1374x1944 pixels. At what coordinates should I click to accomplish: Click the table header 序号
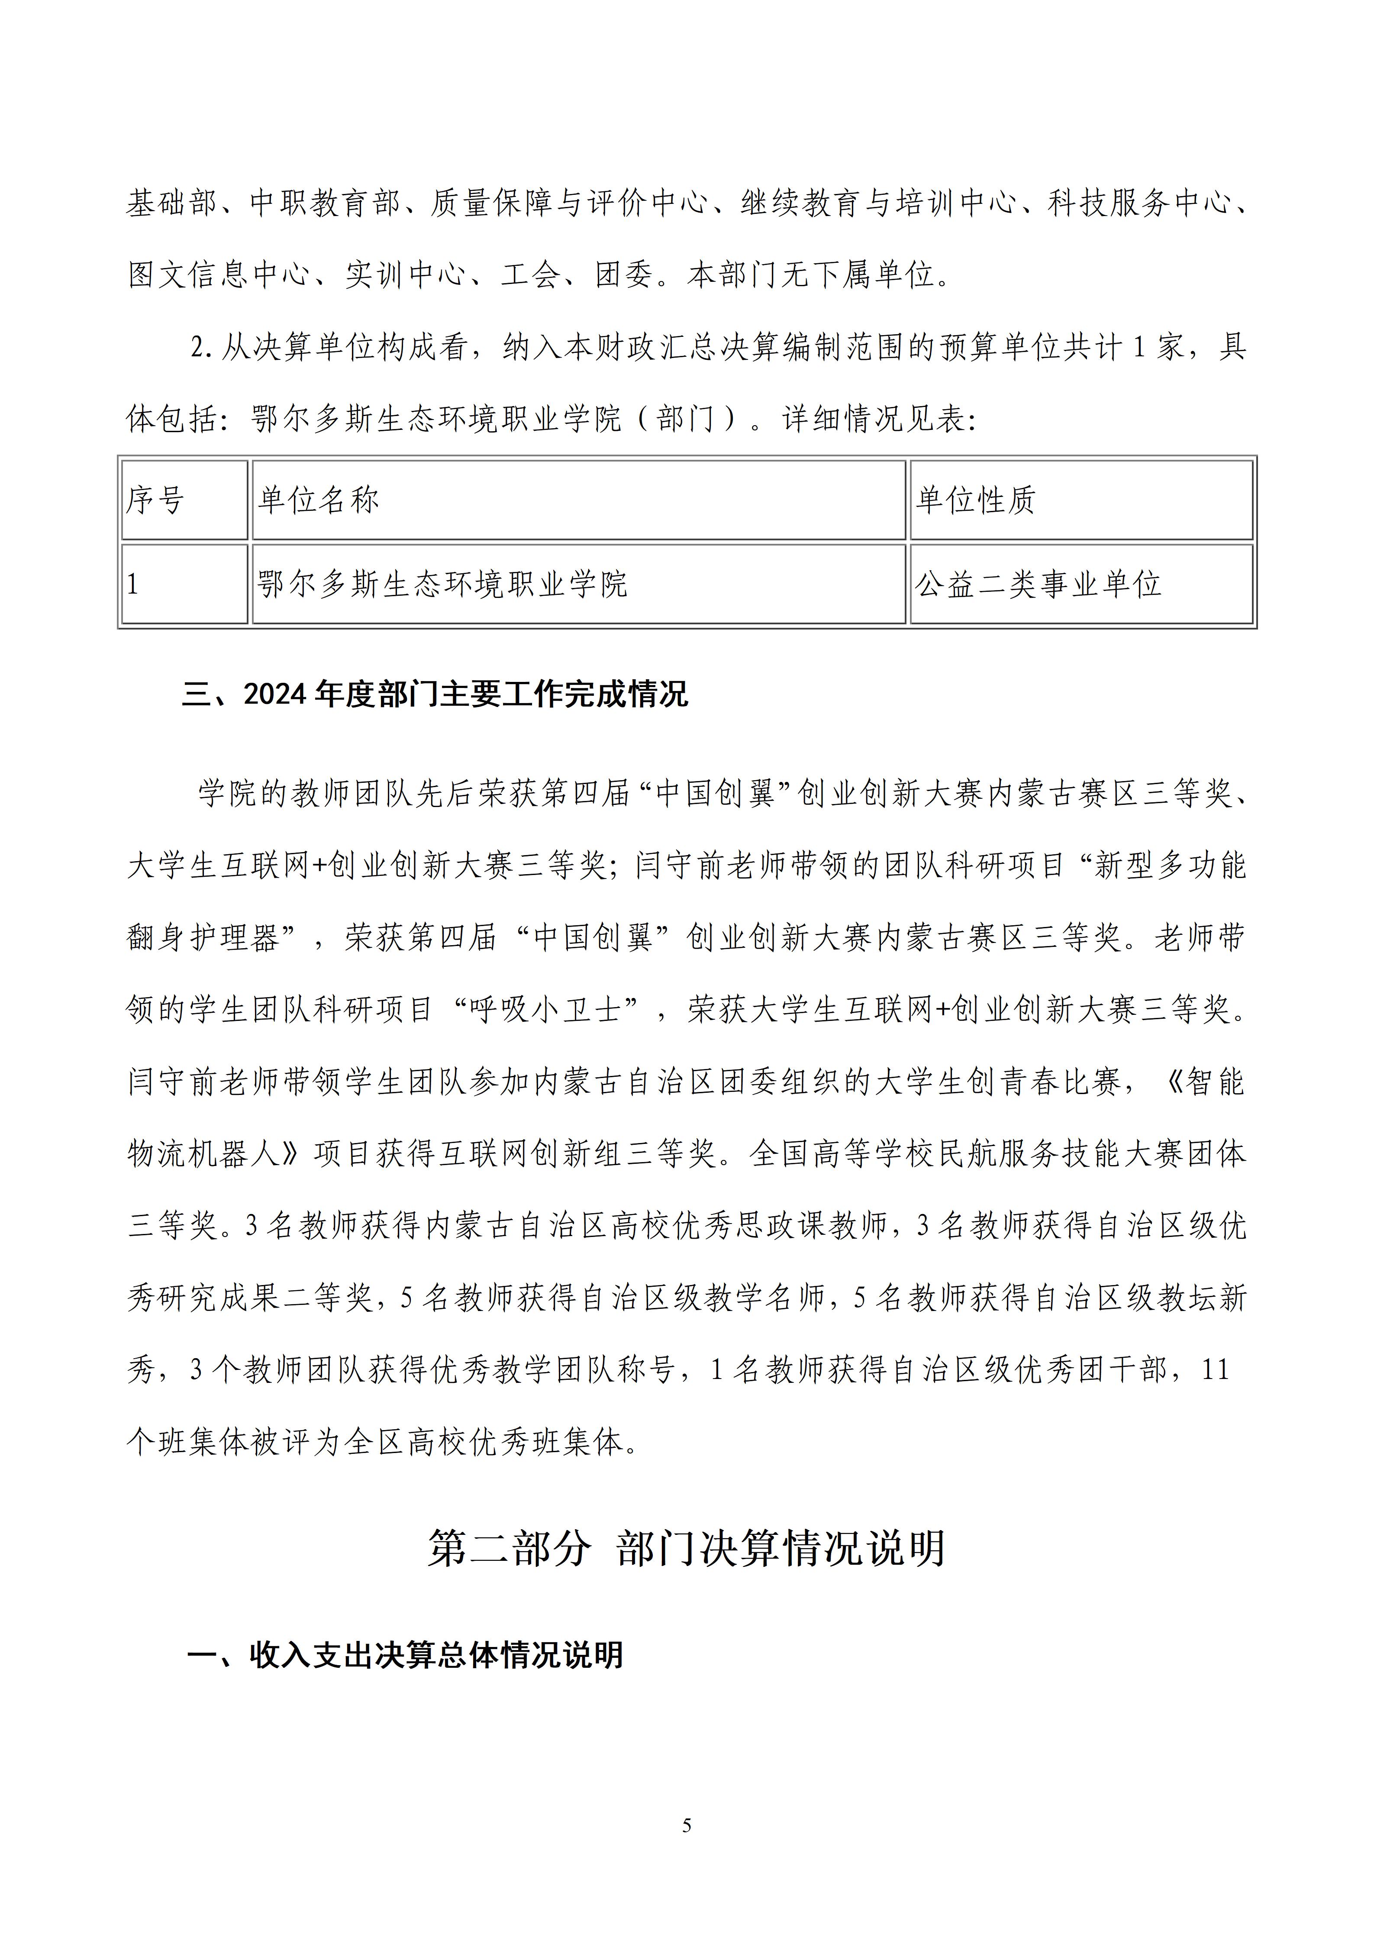tap(155, 501)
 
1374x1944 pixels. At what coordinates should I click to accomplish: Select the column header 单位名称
tap(318, 501)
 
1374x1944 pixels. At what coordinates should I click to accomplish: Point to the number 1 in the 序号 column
tap(133, 584)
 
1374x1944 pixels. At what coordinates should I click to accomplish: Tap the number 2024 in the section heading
tap(277, 694)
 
